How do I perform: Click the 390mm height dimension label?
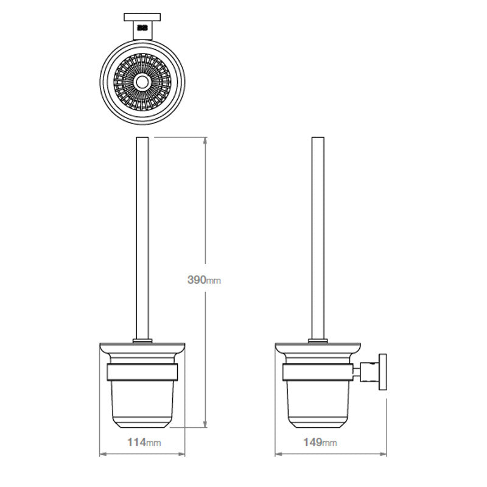click(204, 280)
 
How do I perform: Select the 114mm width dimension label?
click(144, 443)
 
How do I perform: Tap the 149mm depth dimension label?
click(320, 443)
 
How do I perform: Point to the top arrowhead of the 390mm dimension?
click(205, 141)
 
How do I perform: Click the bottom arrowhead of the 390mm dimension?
click(205, 424)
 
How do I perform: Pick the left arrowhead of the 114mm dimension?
click(103, 454)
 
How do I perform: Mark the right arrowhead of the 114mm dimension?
click(181, 454)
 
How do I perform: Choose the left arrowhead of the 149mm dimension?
click(279, 454)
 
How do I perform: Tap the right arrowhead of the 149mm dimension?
click(383, 454)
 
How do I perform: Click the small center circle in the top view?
click(142, 82)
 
